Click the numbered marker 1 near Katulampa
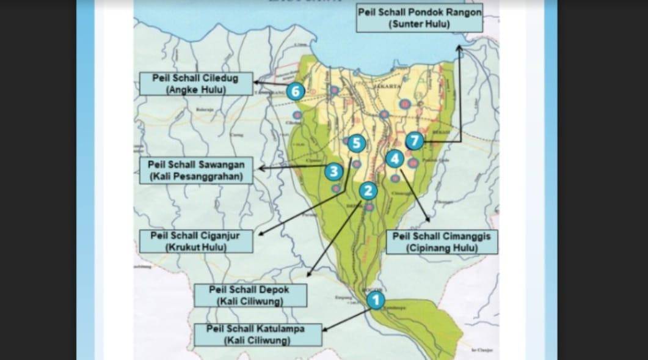[x=376, y=300]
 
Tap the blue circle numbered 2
[x=368, y=191]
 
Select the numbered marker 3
[x=333, y=171]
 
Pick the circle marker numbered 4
[x=395, y=159]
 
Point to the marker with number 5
[x=357, y=144]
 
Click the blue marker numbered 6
[x=295, y=92]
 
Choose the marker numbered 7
[x=414, y=141]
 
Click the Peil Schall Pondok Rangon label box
[x=419, y=18]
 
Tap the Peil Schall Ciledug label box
[x=196, y=84]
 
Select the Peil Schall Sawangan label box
[x=196, y=171]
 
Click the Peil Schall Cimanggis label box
[x=442, y=242]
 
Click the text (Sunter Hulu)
[x=419, y=24]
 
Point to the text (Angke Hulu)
[x=196, y=90]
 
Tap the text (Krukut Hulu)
[x=196, y=248]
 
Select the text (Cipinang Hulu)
[x=442, y=248]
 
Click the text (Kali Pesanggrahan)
[x=196, y=177]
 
